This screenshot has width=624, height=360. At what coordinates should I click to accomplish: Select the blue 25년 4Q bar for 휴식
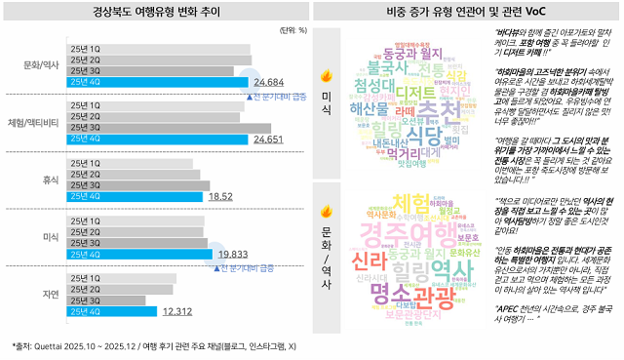pyautogui.click(x=135, y=196)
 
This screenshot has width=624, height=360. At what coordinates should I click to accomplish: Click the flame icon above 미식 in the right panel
pyautogui.click(x=325, y=76)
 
